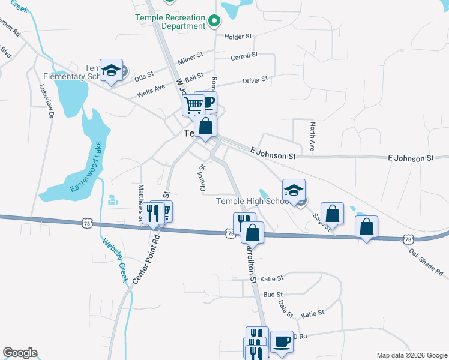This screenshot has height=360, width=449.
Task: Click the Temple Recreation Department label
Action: pyautogui.click(x=170, y=22)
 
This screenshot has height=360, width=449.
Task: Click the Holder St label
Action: pyautogui.click(x=238, y=37)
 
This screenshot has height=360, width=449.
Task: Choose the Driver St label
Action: pyautogui.click(x=255, y=79)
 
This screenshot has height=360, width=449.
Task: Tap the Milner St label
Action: pyautogui.click(x=191, y=61)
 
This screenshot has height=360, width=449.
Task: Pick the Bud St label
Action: pyautogui.click(x=273, y=295)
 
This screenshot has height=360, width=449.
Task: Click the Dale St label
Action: pyautogui.click(x=285, y=309)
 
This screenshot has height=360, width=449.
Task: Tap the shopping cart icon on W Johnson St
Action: pyautogui.click(x=193, y=105)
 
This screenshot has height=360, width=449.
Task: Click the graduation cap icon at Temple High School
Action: pyautogui.click(x=293, y=190)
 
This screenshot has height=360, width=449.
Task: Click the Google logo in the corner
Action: pyautogui.click(x=20, y=353)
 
